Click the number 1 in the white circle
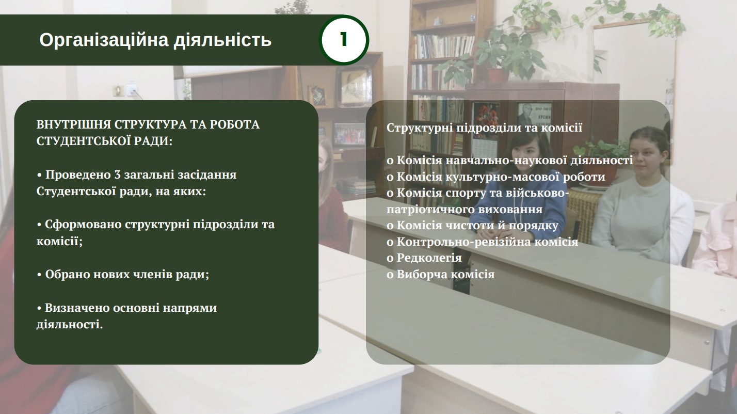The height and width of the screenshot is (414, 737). (x=344, y=40)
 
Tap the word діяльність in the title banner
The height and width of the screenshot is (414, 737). (x=222, y=40)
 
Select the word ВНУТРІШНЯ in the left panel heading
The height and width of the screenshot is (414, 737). (x=74, y=125)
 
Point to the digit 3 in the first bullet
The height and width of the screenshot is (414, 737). (x=117, y=175)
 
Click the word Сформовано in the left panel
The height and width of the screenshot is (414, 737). (x=83, y=225)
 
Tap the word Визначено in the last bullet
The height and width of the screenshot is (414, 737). (x=77, y=308)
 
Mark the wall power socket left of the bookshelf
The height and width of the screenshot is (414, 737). (x=131, y=90)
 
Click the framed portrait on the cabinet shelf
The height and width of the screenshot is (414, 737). (x=355, y=86)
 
